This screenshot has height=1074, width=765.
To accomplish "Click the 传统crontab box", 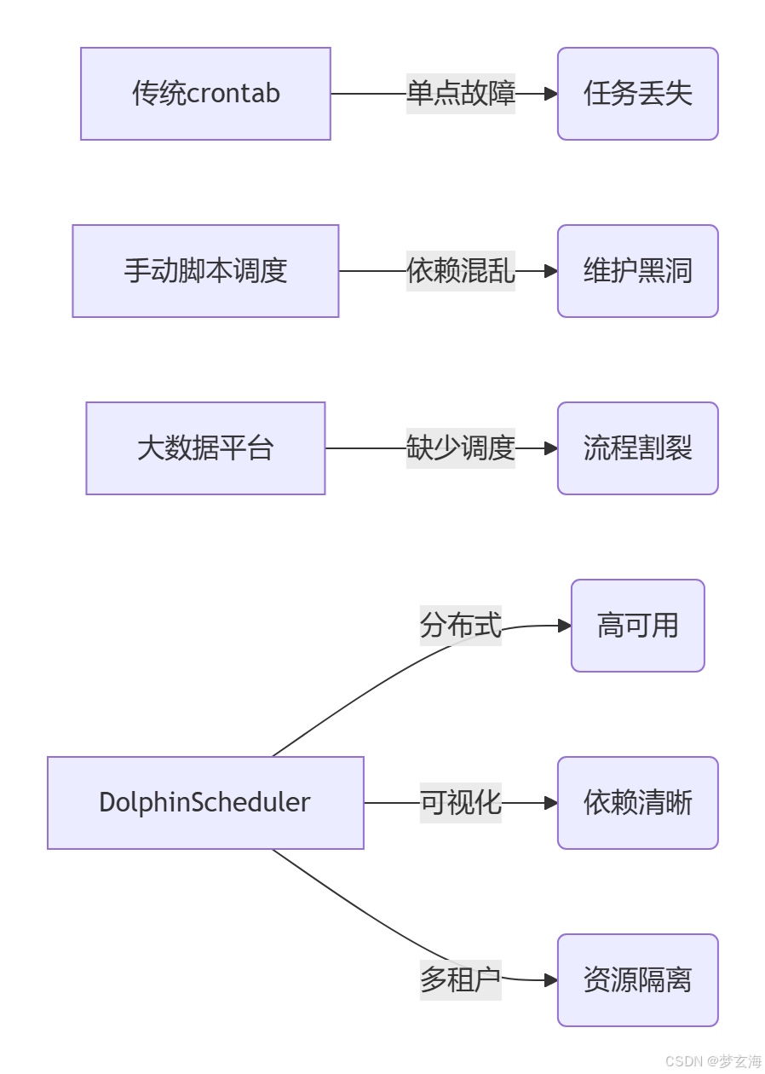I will tap(205, 94).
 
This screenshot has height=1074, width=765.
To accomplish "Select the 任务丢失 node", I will tap(637, 94).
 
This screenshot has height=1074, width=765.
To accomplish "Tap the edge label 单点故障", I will tap(461, 94).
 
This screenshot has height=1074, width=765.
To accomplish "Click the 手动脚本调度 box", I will tap(205, 271).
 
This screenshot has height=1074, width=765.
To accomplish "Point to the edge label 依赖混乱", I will tap(461, 271).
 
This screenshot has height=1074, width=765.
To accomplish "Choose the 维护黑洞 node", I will tap(637, 271).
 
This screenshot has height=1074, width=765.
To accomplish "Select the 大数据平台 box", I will tap(205, 448).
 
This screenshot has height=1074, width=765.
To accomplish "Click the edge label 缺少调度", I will tap(461, 448).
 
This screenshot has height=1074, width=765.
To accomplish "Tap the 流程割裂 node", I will tap(637, 448).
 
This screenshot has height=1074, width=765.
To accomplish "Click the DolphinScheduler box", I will tap(205, 803).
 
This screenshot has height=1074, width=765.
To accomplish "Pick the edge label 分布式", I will tap(460, 626).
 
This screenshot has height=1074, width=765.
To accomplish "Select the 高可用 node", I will tap(637, 626).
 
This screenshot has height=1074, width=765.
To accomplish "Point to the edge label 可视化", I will tap(460, 803).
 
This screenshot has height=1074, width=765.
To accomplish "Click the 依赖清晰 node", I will tap(637, 803).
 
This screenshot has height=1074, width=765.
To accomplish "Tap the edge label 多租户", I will tap(460, 980).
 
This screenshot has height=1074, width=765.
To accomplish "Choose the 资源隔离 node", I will tap(637, 980).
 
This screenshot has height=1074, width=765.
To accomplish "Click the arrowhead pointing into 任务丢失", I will tap(551, 94).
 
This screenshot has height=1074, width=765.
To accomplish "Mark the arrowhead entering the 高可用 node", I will tap(565, 626).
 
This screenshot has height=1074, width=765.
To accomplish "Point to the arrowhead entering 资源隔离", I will tap(551, 980).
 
